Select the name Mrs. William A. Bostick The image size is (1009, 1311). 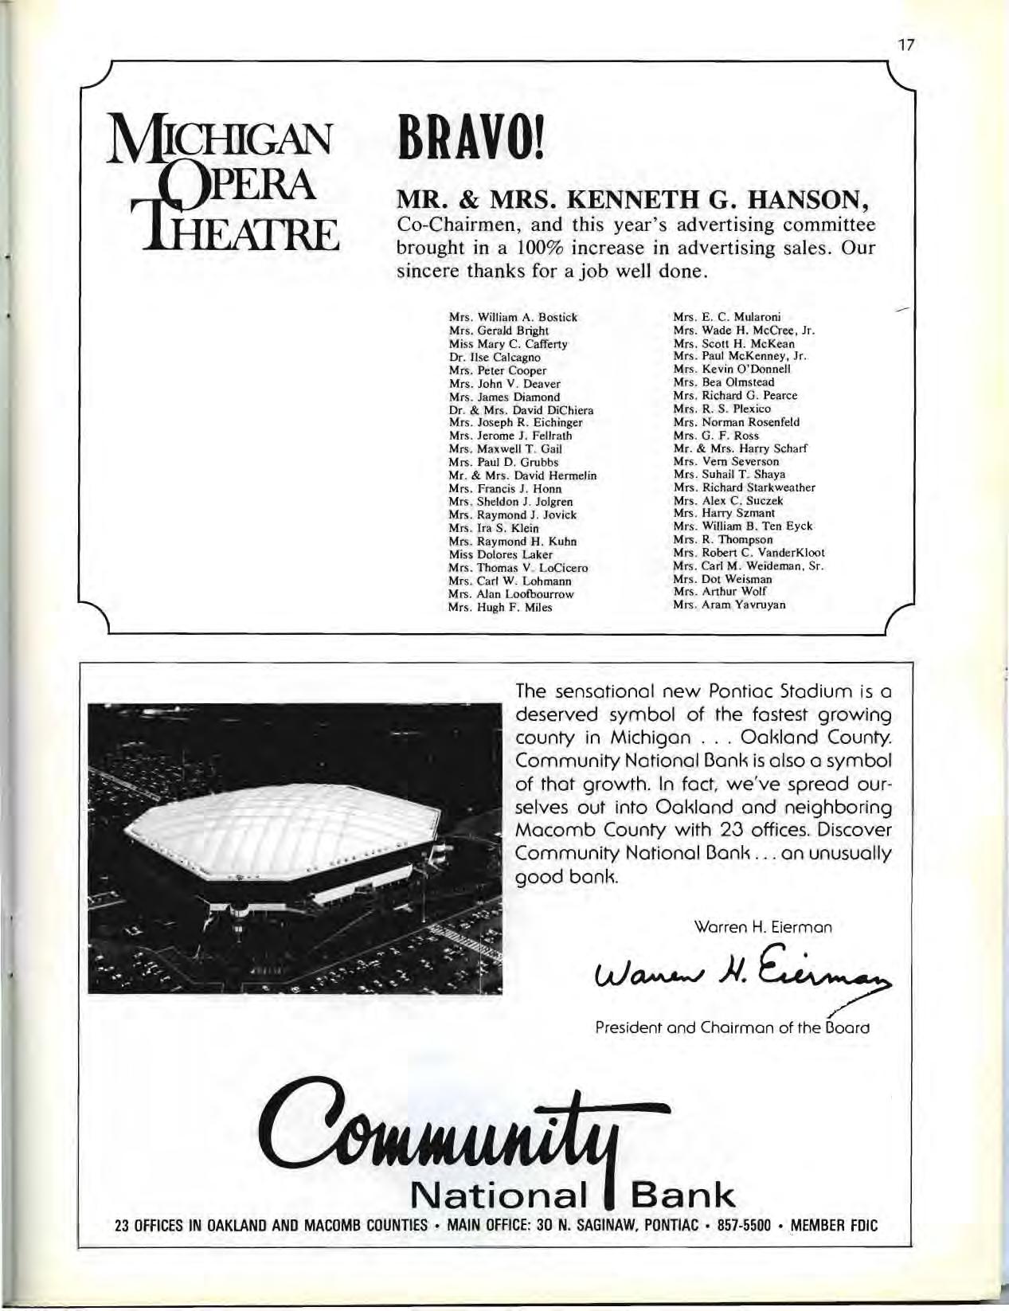click(513, 317)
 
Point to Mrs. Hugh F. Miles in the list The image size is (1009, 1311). click(500, 607)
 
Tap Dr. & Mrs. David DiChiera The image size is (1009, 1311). click(522, 409)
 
